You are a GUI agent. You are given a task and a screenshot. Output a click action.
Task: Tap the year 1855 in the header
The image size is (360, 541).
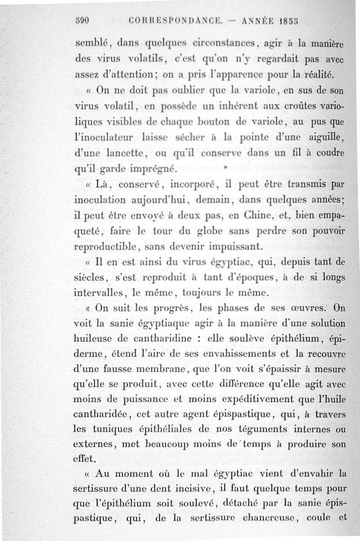(x=288, y=21)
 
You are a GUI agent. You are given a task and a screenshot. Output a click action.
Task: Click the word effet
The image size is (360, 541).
(x=83, y=459)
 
